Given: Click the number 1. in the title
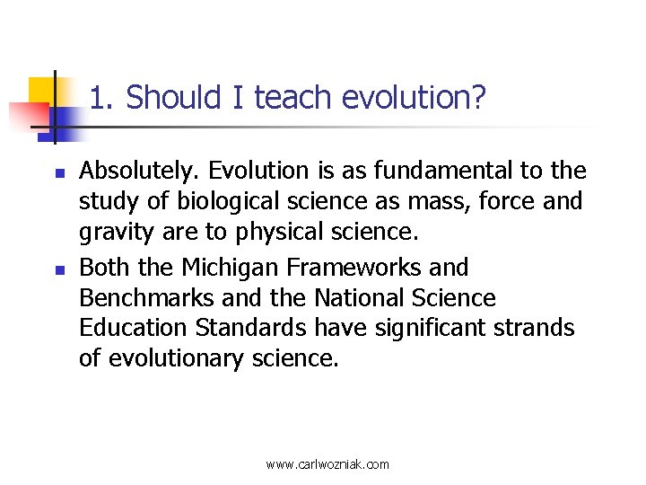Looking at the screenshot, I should pyautogui.click(x=103, y=98).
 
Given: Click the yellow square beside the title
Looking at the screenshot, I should pyautogui.click(x=45, y=93).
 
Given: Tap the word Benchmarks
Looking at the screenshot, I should pyautogui.click(x=146, y=298).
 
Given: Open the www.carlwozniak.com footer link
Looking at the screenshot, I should pyautogui.click(x=327, y=464).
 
